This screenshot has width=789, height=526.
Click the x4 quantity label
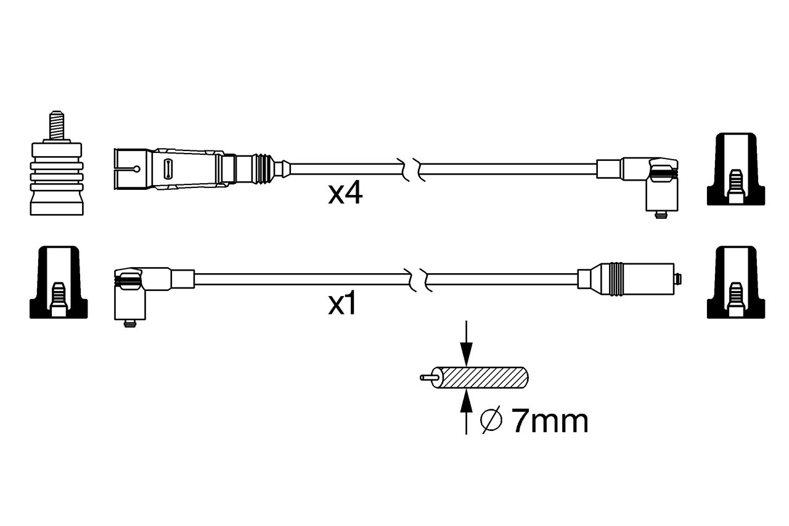(345, 194)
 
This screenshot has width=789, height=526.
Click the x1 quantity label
(343, 305)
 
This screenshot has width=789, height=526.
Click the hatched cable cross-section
(484, 378)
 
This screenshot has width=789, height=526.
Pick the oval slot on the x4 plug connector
(168, 168)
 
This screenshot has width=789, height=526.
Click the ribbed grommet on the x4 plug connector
(264, 168)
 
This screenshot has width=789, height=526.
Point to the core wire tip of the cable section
(426, 377)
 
